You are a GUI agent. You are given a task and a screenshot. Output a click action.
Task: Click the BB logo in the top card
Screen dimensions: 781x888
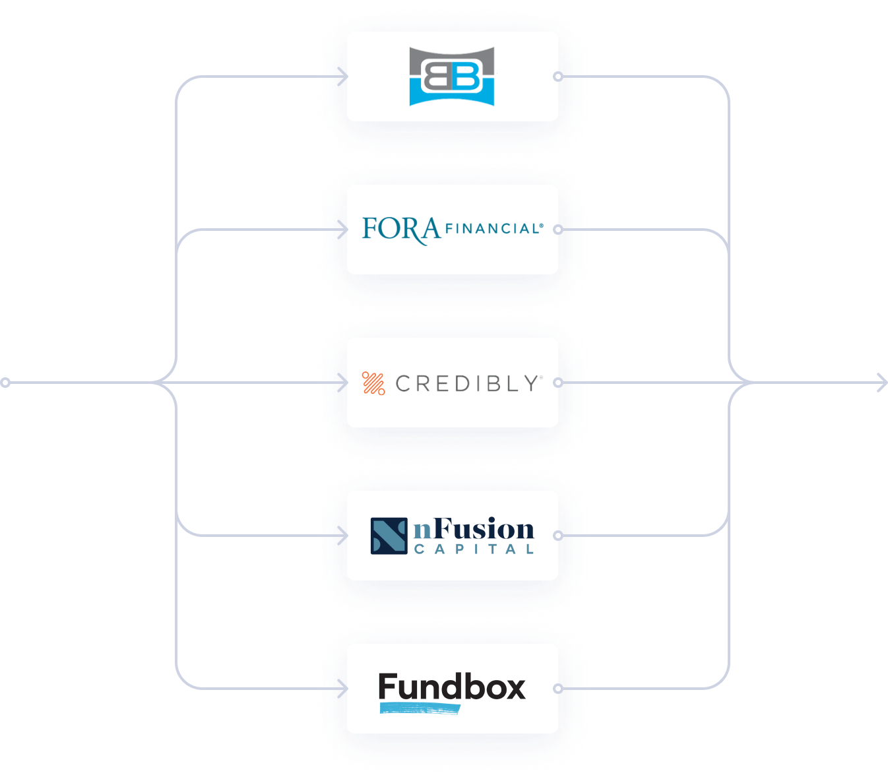(x=452, y=77)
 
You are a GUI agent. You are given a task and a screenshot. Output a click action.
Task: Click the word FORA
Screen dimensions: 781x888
(x=401, y=230)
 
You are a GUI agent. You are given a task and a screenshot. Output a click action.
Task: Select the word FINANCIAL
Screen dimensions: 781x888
(x=493, y=229)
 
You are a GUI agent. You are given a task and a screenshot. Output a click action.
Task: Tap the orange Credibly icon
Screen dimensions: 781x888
(x=373, y=383)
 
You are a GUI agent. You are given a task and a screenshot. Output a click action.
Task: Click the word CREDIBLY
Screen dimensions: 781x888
(x=468, y=383)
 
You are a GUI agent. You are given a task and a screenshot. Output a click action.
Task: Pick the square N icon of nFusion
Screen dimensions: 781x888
(x=389, y=536)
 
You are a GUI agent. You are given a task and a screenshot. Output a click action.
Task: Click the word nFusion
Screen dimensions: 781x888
(x=474, y=530)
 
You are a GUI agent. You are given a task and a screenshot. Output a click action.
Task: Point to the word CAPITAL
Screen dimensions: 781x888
(x=474, y=549)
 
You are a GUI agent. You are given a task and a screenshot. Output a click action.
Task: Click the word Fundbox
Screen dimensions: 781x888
(x=452, y=687)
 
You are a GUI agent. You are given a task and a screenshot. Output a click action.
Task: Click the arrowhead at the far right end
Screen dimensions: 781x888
(x=883, y=383)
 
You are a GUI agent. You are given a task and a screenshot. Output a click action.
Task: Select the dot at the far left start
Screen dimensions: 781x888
(x=5, y=383)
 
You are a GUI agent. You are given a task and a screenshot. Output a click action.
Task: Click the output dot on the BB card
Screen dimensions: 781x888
(x=558, y=77)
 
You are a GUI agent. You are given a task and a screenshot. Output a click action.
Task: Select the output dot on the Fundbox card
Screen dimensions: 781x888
(x=558, y=689)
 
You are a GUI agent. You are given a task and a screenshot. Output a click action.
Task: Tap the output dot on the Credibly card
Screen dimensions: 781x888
(x=558, y=383)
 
